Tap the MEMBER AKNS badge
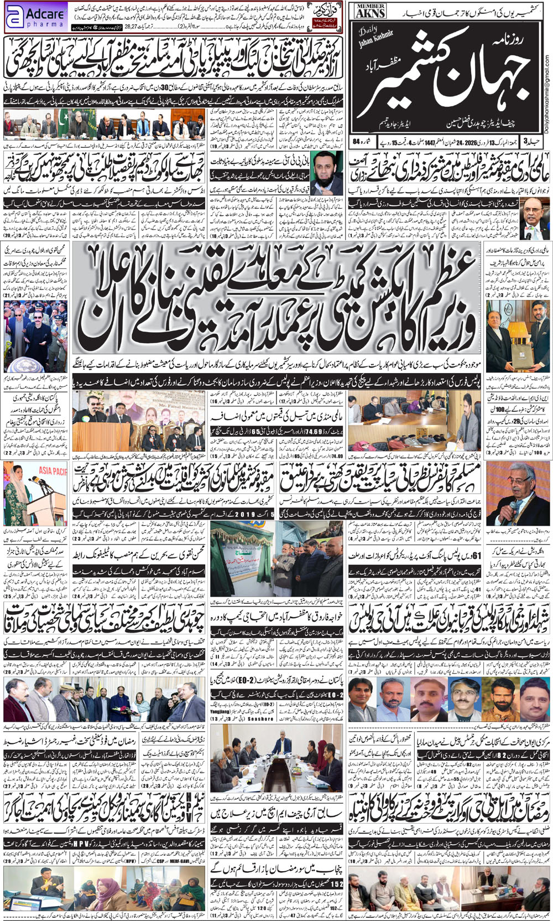click(x=370, y=11)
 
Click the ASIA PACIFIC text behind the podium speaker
click(x=53, y=471)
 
